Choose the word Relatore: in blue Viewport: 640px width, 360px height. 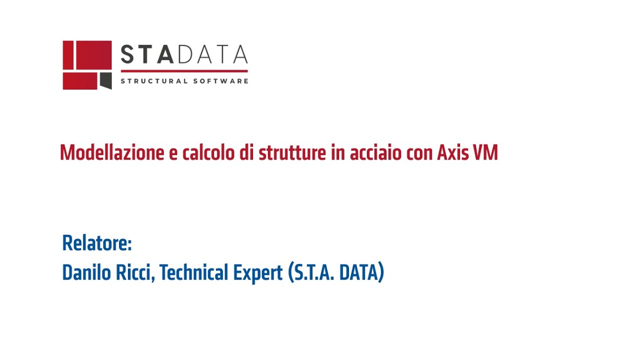point(97,243)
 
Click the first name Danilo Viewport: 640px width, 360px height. point(83,273)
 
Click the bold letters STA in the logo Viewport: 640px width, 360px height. point(147,54)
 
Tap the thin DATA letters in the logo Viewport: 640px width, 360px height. point(211,54)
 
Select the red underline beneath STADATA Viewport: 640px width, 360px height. point(184,71)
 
